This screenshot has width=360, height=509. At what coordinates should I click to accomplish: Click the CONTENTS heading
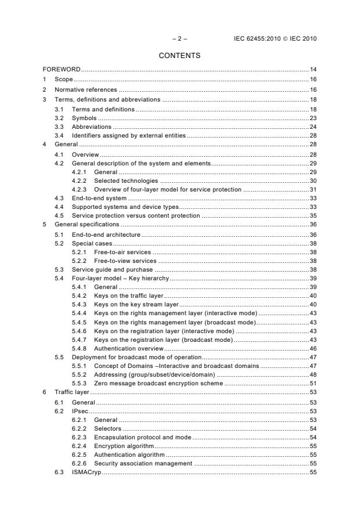[x=179, y=56]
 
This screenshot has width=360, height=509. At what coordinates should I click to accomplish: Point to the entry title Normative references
[x=86, y=90]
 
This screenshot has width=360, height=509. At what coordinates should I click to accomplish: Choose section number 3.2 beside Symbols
[x=59, y=118]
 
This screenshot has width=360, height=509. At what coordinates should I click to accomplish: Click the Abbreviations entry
[x=91, y=127]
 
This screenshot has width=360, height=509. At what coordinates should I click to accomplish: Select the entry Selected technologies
[x=121, y=181]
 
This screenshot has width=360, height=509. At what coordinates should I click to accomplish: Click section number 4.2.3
[x=79, y=190]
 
